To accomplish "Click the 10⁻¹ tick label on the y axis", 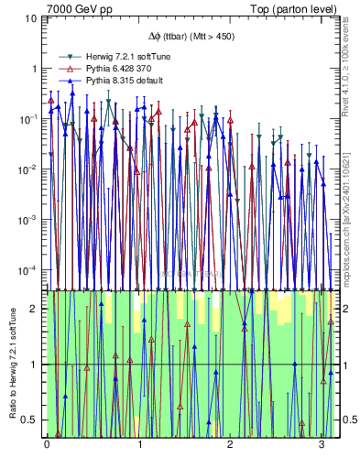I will [x=30, y=119].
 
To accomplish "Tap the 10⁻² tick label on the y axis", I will [x=30, y=169].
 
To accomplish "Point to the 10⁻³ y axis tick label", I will [x=30, y=220].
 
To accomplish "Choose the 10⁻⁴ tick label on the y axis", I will [x=30, y=270].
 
